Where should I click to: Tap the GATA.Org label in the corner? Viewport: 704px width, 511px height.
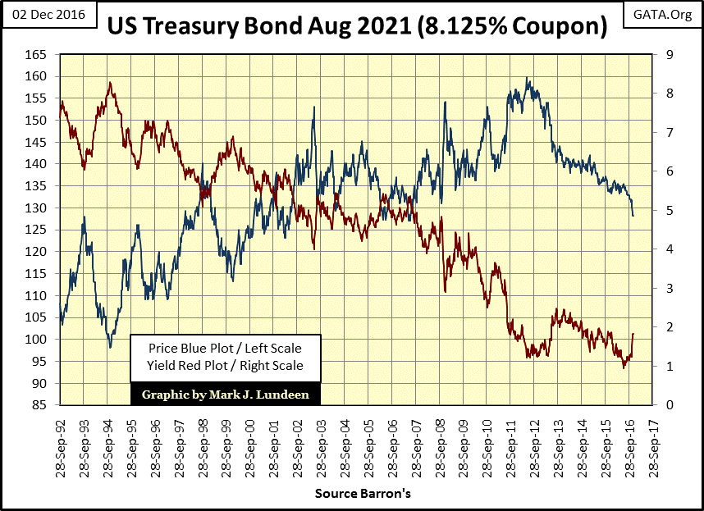click(x=662, y=14)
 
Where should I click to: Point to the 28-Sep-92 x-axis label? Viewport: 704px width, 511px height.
click(x=62, y=443)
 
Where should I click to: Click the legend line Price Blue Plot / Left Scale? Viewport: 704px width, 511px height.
click(x=226, y=349)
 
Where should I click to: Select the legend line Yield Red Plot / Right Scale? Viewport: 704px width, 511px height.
click(x=226, y=365)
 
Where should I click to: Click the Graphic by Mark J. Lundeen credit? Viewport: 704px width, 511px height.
click(x=226, y=394)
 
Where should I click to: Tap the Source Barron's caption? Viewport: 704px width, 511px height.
click(x=362, y=494)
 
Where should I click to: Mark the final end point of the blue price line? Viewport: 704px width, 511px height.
click(x=633, y=216)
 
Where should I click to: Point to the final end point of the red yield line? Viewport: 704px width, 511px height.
click(x=633, y=334)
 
